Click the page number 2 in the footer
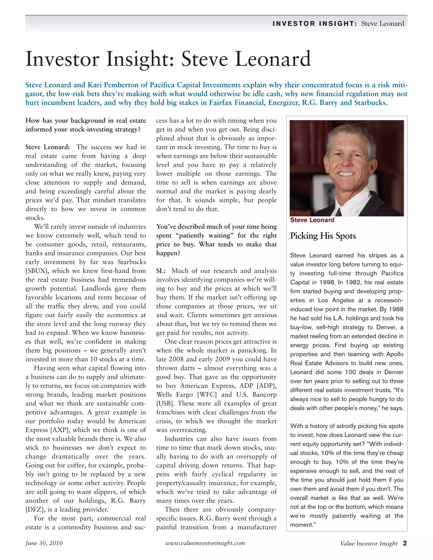point(405,543)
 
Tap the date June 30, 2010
point(44,543)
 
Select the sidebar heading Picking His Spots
point(323,236)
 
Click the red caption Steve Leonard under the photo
point(312,220)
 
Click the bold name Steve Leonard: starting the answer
point(47,147)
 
